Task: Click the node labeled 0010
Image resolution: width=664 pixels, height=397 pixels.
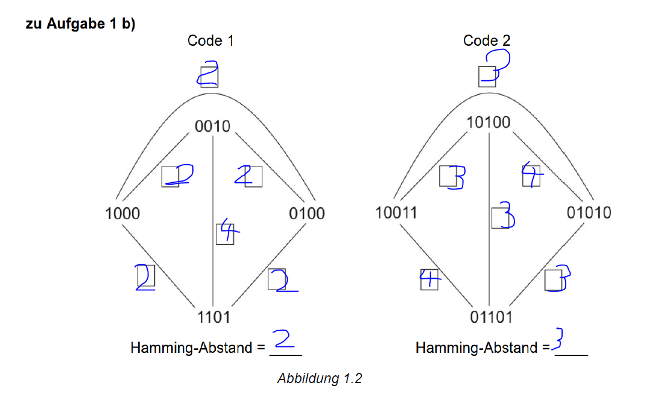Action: point(213,127)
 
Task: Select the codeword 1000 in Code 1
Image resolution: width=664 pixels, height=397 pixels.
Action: point(122,213)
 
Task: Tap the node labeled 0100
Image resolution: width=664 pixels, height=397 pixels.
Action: point(307,213)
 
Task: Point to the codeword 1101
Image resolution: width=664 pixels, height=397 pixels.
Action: point(213,316)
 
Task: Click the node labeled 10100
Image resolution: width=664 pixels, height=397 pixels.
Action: point(489,122)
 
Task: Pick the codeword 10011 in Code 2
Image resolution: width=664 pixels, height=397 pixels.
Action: point(396,212)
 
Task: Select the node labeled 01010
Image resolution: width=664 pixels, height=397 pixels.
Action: point(589,212)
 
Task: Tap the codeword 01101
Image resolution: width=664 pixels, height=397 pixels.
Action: point(491,316)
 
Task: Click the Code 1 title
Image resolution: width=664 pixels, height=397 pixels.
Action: point(210,41)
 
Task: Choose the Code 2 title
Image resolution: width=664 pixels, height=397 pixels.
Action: point(487,41)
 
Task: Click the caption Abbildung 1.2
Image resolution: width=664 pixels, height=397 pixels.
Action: point(320,379)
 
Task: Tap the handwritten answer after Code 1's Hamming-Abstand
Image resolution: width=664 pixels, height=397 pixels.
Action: point(284,339)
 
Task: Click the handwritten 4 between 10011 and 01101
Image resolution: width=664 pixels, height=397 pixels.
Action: point(430,278)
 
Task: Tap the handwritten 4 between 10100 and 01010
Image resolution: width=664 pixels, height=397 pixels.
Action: point(532,174)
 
